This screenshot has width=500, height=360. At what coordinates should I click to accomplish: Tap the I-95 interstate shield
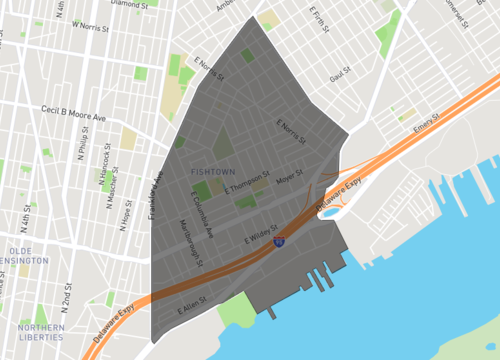click(x=281, y=241)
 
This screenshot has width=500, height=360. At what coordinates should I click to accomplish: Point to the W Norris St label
click(x=88, y=22)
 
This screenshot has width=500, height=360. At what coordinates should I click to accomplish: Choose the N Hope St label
click(x=126, y=214)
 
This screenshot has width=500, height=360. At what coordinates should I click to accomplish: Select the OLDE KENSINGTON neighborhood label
click(x=27, y=255)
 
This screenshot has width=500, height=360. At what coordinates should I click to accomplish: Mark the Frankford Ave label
click(x=156, y=199)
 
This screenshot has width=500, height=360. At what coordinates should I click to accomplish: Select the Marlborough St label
click(x=194, y=249)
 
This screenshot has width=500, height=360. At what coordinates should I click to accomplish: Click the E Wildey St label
click(x=259, y=241)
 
